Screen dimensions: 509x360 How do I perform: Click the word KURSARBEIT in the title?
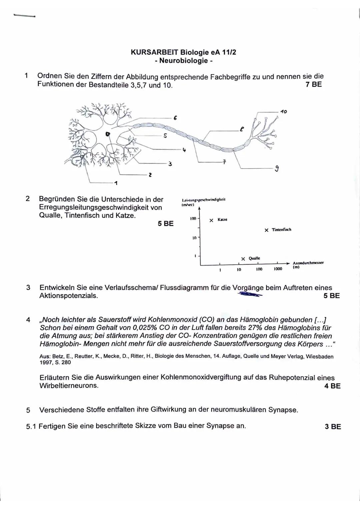point(154,52)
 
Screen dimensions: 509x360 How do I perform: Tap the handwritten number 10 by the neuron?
point(283,112)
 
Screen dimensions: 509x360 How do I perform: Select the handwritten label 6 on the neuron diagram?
point(175,118)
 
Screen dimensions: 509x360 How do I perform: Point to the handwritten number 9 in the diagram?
point(276,169)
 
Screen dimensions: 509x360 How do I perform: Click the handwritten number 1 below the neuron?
point(116,183)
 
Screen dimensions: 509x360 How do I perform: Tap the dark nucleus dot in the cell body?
point(107,134)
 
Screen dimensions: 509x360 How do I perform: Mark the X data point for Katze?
point(211,220)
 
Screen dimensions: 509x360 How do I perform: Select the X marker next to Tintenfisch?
point(266,230)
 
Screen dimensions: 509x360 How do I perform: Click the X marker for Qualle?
point(243,259)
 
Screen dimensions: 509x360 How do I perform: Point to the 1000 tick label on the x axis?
point(278,269)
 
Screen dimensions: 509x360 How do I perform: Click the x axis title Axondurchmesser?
point(308,263)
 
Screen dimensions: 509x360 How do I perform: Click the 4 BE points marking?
point(332,386)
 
